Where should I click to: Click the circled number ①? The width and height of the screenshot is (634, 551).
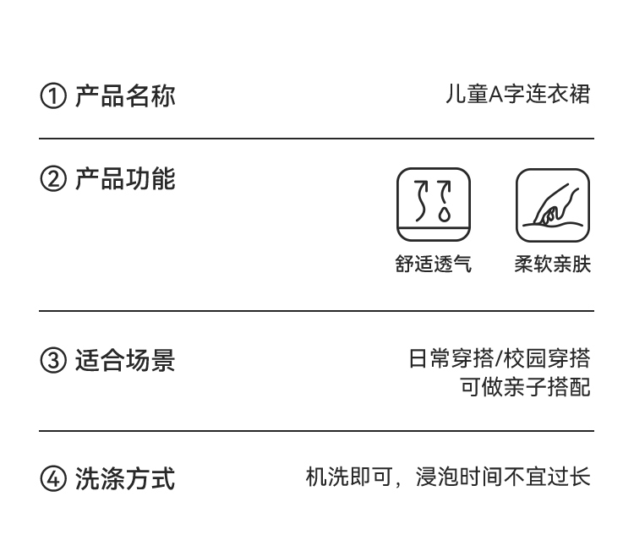[x=52, y=96]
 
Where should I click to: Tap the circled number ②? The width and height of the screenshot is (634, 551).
[x=52, y=180]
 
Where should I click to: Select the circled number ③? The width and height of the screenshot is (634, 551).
[x=52, y=361]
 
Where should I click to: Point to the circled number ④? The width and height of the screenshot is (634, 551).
[x=52, y=479]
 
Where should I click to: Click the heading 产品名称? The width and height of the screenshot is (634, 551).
[x=125, y=95]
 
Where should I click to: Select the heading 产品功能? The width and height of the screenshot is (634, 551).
[x=125, y=179]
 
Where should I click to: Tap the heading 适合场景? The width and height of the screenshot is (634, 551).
[x=125, y=361]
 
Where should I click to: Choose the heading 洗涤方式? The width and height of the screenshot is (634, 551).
[x=125, y=479]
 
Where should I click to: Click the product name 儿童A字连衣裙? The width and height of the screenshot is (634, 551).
[x=517, y=94]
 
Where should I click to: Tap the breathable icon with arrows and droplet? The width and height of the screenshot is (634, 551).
[x=434, y=205]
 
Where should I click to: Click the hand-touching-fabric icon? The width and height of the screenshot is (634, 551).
[x=553, y=205]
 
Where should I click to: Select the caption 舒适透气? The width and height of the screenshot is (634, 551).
[x=434, y=265]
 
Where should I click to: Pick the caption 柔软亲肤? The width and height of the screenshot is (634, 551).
[x=553, y=265]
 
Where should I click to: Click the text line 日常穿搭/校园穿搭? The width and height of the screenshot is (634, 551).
[x=499, y=358]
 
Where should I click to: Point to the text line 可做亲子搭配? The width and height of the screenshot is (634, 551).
[x=524, y=387]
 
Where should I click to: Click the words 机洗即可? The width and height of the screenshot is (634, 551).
[x=339, y=477]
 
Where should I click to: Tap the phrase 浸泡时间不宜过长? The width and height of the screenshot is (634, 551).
[x=503, y=477]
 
